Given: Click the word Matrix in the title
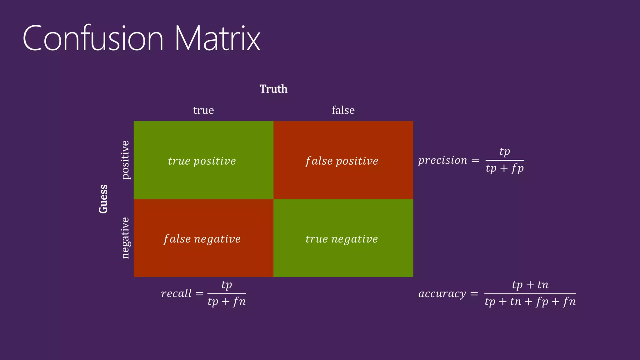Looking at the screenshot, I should click(x=217, y=39).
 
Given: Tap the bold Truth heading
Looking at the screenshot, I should click(x=273, y=89).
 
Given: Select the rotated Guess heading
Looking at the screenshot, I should click(x=103, y=199).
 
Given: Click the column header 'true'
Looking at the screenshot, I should click(x=203, y=110).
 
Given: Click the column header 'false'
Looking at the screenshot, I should click(x=343, y=110).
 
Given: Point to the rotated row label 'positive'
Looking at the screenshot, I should click(x=125, y=160).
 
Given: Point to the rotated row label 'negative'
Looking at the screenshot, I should click(x=125, y=238).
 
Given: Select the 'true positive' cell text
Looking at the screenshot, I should click(x=202, y=161).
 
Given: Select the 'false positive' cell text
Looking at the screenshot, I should click(x=342, y=161).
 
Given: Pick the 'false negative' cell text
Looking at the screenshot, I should click(x=202, y=239).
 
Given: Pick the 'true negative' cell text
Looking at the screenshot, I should click(x=342, y=239).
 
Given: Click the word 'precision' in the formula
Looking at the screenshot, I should click(x=443, y=160).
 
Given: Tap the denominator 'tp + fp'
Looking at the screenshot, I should click(x=505, y=168).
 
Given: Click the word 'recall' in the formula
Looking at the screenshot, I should click(x=176, y=293).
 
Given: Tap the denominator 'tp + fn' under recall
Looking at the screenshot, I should click(x=227, y=302).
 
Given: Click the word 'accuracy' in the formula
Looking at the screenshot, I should click(x=442, y=294).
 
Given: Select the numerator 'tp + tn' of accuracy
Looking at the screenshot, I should click(x=530, y=285).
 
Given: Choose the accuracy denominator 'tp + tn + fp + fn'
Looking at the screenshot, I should click(x=530, y=302).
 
